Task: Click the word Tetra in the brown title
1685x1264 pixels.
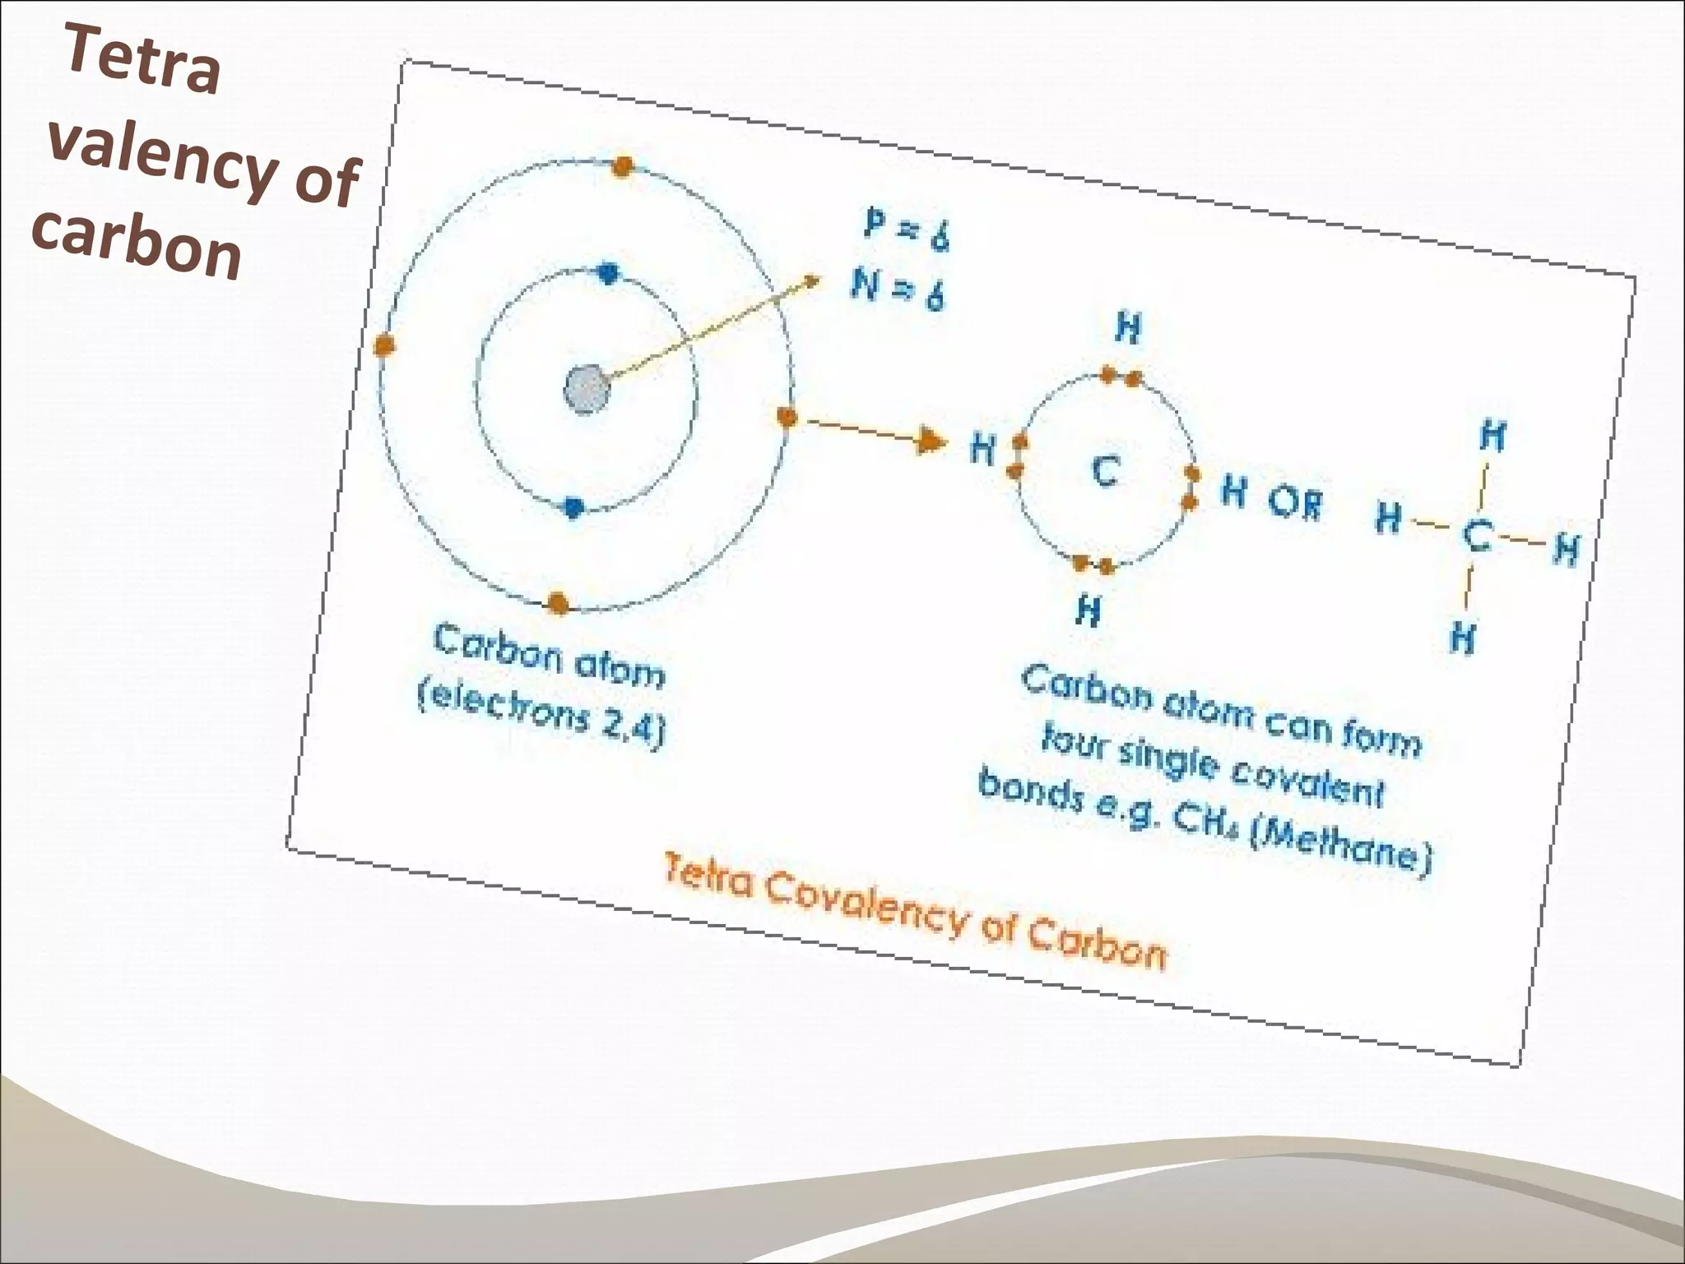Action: click(x=142, y=60)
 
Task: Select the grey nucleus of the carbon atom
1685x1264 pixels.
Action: click(x=587, y=388)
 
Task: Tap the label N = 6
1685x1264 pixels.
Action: click(x=898, y=290)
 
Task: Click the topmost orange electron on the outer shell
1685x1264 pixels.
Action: click(x=623, y=167)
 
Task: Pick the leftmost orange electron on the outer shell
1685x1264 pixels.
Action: click(x=383, y=346)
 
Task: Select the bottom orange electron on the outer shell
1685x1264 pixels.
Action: click(x=559, y=603)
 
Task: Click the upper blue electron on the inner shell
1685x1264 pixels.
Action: click(x=608, y=273)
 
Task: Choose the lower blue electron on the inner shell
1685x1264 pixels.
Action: click(x=573, y=508)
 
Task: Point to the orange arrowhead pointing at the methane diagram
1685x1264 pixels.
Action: click(x=932, y=440)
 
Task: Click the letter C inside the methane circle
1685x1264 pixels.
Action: click(x=1105, y=472)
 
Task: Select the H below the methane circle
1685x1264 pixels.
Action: click(x=1089, y=611)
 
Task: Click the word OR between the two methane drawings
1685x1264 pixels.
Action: click(x=1295, y=502)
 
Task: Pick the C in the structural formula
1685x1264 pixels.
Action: click(x=1477, y=536)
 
